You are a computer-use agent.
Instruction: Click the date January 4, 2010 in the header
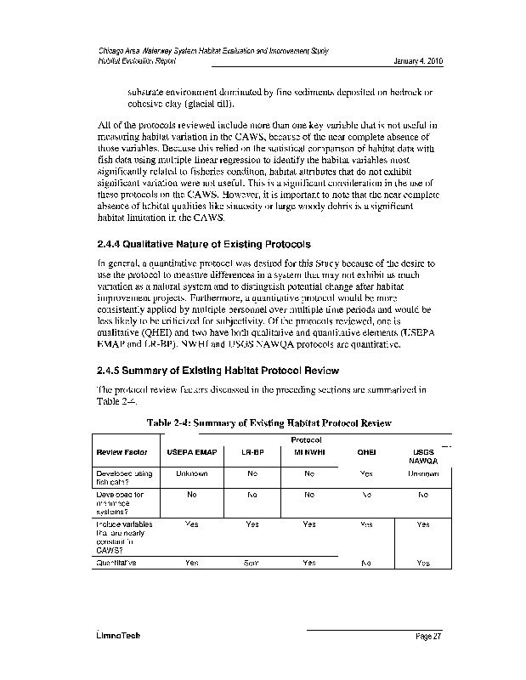(419, 62)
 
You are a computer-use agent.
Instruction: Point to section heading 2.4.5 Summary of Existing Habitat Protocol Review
(218, 370)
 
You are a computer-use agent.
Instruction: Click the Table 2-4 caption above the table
(269, 422)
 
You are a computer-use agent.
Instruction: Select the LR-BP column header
(252, 452)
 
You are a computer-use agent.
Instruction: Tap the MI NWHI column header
(308, 452)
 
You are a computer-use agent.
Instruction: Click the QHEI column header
(366, 452)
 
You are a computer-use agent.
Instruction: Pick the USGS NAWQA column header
(422, 456)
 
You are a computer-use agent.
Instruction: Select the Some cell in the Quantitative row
(252, 563)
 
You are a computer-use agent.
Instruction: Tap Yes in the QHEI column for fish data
(366, 473)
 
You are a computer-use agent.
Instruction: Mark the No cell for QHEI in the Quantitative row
(366, 563)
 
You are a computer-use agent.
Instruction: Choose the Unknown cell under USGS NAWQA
(422, 473)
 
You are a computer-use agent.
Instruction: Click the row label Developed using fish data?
(124, 477)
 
